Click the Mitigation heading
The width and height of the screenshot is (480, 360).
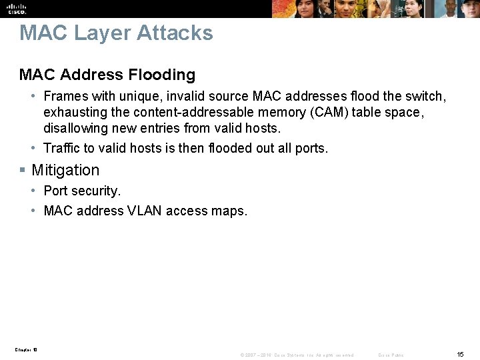pos(65,171)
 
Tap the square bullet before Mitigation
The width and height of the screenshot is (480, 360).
pos(24,171)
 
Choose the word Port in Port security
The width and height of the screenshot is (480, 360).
pos(55,191)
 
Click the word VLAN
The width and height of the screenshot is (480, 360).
pos(145,211)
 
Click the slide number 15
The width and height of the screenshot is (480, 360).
pos(460,354)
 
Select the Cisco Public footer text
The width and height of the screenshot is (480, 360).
pos(391,355)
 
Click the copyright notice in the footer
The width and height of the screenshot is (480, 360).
pos(297,355)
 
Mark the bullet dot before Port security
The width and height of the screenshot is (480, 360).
pos(35,191)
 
